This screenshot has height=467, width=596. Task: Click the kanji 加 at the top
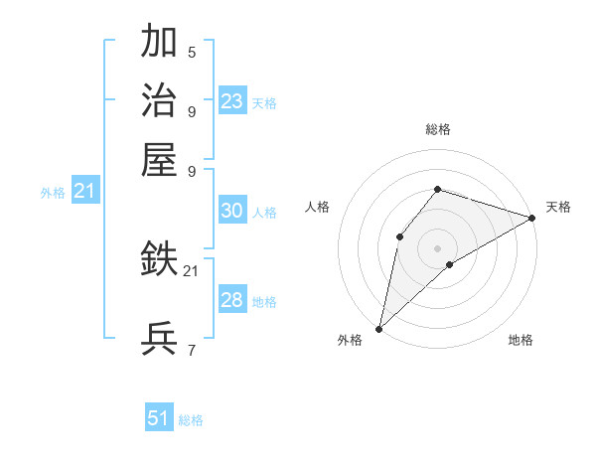(x=159, y=43)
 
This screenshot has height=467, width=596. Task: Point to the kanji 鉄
(x=159, y=260)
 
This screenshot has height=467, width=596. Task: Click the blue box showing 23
(x=232, y=101)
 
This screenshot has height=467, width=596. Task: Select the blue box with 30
(x=231, y=211)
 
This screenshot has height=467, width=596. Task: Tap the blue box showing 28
(x=231, y=300)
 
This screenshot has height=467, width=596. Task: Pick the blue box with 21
(x=84, y=191)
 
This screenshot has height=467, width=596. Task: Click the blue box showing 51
(x=159, y=418)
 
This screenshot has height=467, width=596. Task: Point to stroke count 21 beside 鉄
(x=191, y=270)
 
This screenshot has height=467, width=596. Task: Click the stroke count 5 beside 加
(x=191, y=52)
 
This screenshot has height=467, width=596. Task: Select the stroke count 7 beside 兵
(x=191, y=350)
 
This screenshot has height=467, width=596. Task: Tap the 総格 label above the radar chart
(x=437, y=130)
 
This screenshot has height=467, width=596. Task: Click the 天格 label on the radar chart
(x=558, y=207)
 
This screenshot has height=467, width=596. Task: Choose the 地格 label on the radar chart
(x=521, y=341)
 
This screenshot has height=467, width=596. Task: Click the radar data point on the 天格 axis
(x=531, y=218)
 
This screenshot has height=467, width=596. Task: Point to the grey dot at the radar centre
(x=437, y=247)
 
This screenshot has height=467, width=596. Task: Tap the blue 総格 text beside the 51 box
(x=191, y=420)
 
